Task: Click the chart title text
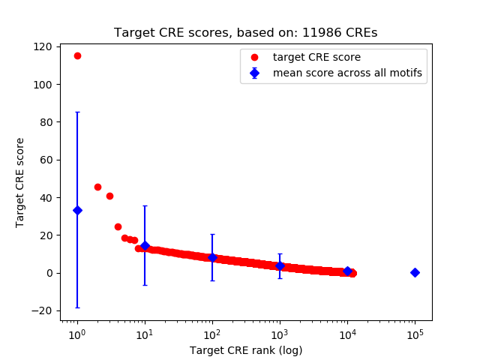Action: pos(246,33)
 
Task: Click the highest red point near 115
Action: pos(77,56)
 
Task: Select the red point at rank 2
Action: pos(97,187)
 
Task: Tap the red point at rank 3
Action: pos(109,196)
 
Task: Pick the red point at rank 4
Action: pos(118,226)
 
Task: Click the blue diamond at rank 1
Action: pos(77,210)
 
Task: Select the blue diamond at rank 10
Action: pos(145,245)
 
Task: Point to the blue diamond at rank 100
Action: pos(212,257)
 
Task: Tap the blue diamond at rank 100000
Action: pos(415,272)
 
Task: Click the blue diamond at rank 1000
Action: pos(280,265)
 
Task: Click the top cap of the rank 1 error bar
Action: pos(77,112)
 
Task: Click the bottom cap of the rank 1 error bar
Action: pos(77,307)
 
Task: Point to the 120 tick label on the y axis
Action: pos(42,46)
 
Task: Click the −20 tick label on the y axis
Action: pos(40,310)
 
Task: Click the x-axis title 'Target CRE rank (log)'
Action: pos(246,349)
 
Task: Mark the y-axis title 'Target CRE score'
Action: pos(20,182)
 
